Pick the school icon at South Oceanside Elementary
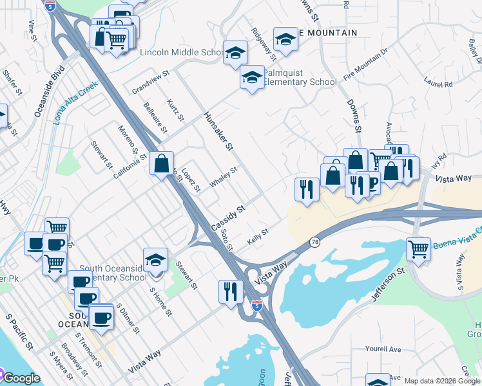click(155, 261)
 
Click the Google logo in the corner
click(21, 378)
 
